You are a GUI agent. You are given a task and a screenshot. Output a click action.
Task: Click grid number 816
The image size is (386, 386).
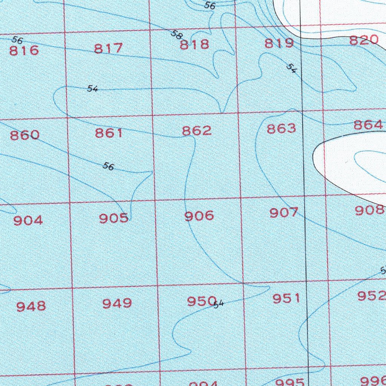tap(24, 50)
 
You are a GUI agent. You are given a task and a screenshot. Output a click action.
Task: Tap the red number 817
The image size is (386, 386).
tap(109, 48)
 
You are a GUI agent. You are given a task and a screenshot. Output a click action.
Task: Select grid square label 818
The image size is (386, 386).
tap(194, 45)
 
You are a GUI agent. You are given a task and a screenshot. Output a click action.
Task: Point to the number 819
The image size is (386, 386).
tap(279, 43)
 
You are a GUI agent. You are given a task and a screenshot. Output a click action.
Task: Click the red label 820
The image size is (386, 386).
tap(364, 40)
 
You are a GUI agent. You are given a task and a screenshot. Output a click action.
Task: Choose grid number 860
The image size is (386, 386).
tap(25, 135)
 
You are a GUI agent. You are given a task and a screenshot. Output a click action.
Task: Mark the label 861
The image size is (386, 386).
tap(109, 133)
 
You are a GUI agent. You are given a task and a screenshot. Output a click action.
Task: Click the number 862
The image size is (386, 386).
tap(197, 130)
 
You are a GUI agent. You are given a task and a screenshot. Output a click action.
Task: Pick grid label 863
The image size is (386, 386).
tap(282, 129)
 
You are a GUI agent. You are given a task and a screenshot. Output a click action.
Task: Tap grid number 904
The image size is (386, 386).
tap(28, 220)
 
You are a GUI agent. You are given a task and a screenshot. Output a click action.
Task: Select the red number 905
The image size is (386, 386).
tap(113, 218)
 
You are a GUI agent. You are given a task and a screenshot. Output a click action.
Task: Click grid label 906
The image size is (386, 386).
tap(199, 216)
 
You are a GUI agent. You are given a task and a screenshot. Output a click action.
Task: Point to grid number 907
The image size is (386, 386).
tap(284, 213)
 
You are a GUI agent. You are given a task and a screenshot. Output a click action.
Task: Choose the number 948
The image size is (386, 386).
tap(31, 306)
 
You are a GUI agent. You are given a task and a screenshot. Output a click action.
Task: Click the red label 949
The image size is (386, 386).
tap(117, 303)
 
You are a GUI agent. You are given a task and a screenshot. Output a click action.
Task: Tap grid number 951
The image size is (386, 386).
tap(287, 299)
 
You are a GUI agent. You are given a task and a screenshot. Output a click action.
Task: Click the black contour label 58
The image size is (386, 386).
tap(176, 35)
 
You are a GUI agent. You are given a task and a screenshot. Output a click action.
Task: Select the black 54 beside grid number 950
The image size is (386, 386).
tap(219, 304)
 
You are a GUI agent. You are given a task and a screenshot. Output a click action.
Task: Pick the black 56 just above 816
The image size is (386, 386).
tap(17, 40)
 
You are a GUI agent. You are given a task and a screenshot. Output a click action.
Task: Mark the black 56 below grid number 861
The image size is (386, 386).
tap(108, 166)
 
